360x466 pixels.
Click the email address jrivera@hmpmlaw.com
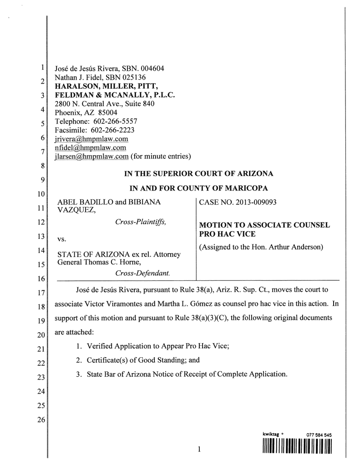pos(91,139)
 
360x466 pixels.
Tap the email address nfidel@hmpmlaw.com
pos(90,148)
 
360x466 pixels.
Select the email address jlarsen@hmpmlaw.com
pos(91,157)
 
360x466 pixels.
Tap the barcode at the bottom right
pos(297,448)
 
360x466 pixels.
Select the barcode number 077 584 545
pos(317,435)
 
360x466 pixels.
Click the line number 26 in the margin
pos(41,420)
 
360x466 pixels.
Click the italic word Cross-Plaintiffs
pos(140,222)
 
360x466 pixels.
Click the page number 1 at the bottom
pos(199,450)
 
